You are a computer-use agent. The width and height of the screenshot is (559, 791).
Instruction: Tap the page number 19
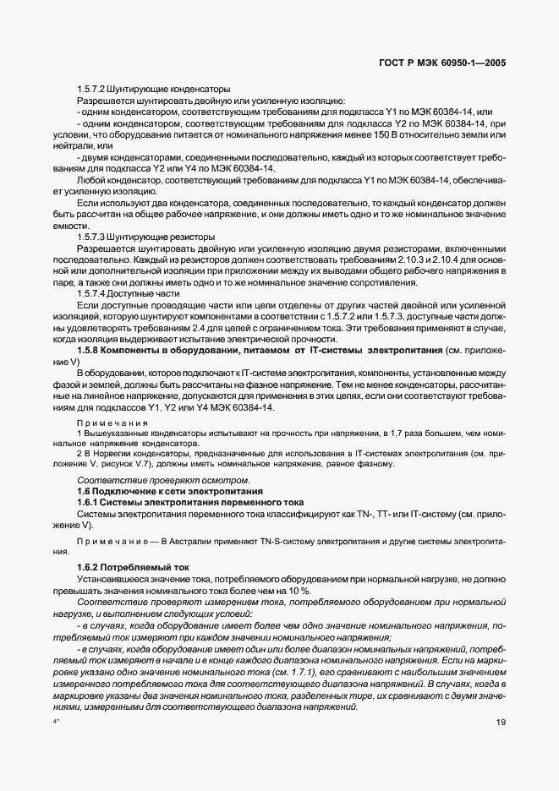click(x=501, y=722)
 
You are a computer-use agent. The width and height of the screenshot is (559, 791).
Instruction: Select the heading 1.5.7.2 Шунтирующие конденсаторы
click(x=150, y=89)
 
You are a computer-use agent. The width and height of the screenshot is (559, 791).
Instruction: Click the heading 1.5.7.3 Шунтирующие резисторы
click(x=145, y=237)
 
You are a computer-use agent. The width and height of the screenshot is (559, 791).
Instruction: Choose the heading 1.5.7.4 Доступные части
click(x=129, y=292)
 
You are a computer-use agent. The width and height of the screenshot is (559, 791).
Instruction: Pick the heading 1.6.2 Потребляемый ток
click(x=133, y=566)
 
